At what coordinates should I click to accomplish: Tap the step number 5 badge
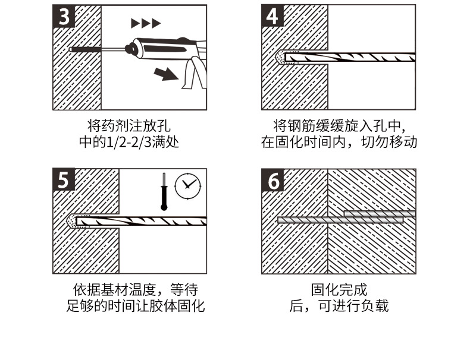pyautogui.click(x=64, y=180)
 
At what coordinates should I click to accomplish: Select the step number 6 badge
pyautogui.click(x=272, y=180)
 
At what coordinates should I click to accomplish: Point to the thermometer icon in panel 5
pyautogui.click(x=163, y=191)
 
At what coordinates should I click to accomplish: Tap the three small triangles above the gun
pyautogui.click(x=146, y=24)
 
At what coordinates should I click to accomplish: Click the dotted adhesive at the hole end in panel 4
pyautogui.click(x=279, y=58)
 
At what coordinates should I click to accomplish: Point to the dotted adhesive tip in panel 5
pyautogui.click(x=71, y=222)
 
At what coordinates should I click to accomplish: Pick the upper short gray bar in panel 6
pyautogui.click(x=379, y=213)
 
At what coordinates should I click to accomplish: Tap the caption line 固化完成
pyautogui.click(x=339, y=290)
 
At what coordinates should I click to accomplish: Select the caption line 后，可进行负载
pyautogui.click(x=339, y=307)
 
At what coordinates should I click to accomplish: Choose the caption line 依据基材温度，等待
pyautogui.click(x=134, y=290)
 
